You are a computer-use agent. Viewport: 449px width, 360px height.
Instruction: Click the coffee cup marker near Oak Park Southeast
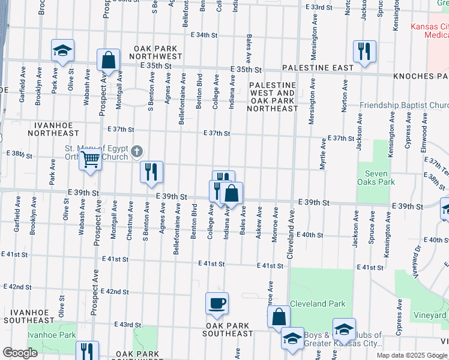[x=217, y=303]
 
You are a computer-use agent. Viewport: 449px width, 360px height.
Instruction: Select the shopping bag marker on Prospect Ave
[x=108, y=60]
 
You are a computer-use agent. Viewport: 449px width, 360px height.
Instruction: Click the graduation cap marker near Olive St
[x=62, y=52]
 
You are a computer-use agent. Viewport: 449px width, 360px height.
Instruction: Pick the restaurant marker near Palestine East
[x=364, y=52]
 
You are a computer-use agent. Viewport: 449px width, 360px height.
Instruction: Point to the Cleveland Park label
[x=318, y=304]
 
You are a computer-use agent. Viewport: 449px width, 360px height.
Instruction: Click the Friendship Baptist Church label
[x=403, y=106]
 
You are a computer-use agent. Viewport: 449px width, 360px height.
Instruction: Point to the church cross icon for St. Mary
[x=137, y=151]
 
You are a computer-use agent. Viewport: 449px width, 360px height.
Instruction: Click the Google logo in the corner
[x=20, y=353]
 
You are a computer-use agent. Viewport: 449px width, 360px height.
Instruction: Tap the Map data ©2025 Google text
[x=411, y=355]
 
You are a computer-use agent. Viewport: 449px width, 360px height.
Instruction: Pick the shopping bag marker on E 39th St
[x=232, y=193]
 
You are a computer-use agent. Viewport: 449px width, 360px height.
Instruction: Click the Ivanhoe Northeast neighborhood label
[x=40, y=128]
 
